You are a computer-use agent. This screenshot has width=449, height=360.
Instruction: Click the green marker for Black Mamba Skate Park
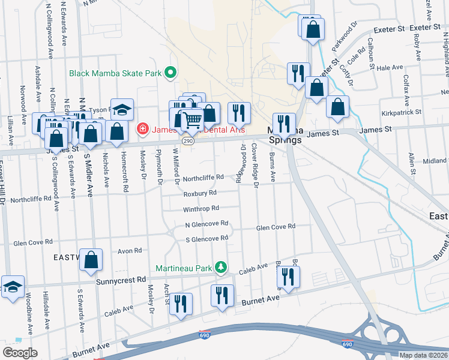tap(170, 73)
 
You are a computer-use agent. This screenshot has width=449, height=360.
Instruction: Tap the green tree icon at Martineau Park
tap(221, 266)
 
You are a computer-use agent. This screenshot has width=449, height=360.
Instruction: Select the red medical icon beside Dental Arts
tap(142, 128)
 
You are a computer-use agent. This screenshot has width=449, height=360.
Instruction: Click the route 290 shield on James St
tap(187, 140)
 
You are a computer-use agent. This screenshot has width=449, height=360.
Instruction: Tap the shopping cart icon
tap(191, 120)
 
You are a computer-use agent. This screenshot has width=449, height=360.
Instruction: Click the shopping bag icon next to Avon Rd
tap(91, 260)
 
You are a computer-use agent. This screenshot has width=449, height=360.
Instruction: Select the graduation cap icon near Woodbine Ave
tap(13, 287)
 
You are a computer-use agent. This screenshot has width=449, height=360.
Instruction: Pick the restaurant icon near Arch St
tap(181, 303)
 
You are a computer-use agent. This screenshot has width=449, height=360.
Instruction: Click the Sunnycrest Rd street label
tap(121, 280)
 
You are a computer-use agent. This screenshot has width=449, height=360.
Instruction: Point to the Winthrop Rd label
tap(201, 209)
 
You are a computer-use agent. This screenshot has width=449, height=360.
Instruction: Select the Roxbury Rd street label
tap(200, 194)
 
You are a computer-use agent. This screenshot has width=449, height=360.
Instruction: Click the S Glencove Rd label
tap(207, 238)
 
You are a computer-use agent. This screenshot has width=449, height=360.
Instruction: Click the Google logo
tap(20, 353)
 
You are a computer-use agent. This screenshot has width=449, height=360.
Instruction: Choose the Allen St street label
tap(412, 163)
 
